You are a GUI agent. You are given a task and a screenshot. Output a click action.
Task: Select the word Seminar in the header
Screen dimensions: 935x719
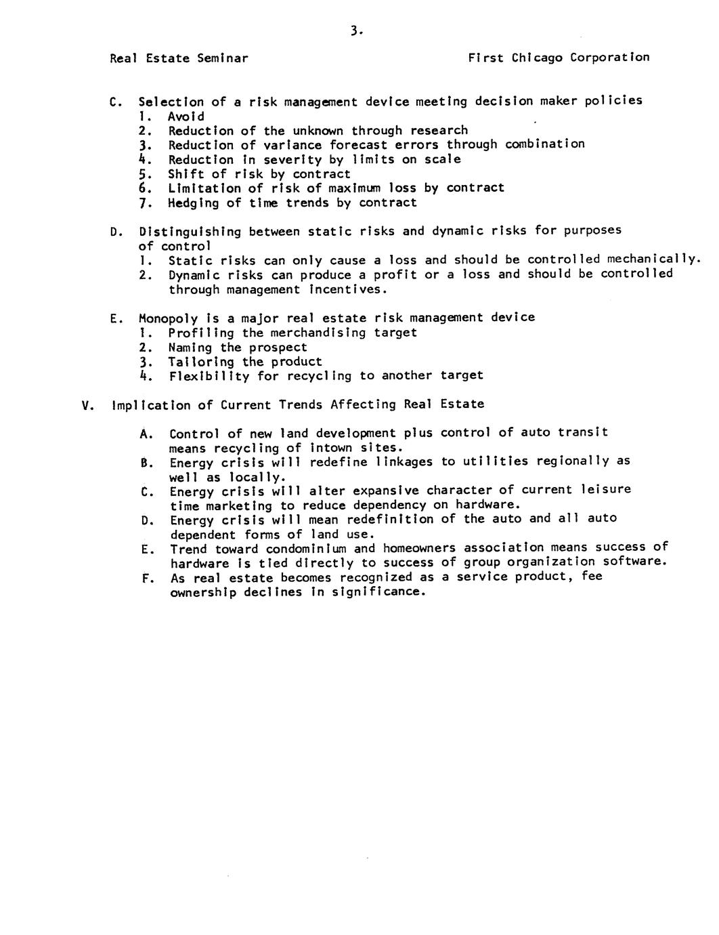(x=222, y=58)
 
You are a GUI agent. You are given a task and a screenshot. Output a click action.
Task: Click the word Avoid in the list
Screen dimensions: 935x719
(x=186, y=116)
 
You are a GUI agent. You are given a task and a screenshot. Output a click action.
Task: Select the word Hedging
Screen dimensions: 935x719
(x=194, y=203)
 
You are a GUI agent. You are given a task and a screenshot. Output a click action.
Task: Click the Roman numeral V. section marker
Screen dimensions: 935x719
(x=86, y=406)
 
